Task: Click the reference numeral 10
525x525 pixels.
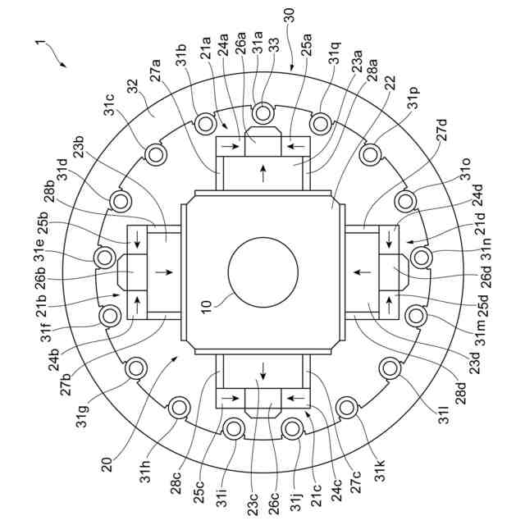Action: click(207, 305)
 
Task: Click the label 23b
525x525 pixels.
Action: click(80, 148)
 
